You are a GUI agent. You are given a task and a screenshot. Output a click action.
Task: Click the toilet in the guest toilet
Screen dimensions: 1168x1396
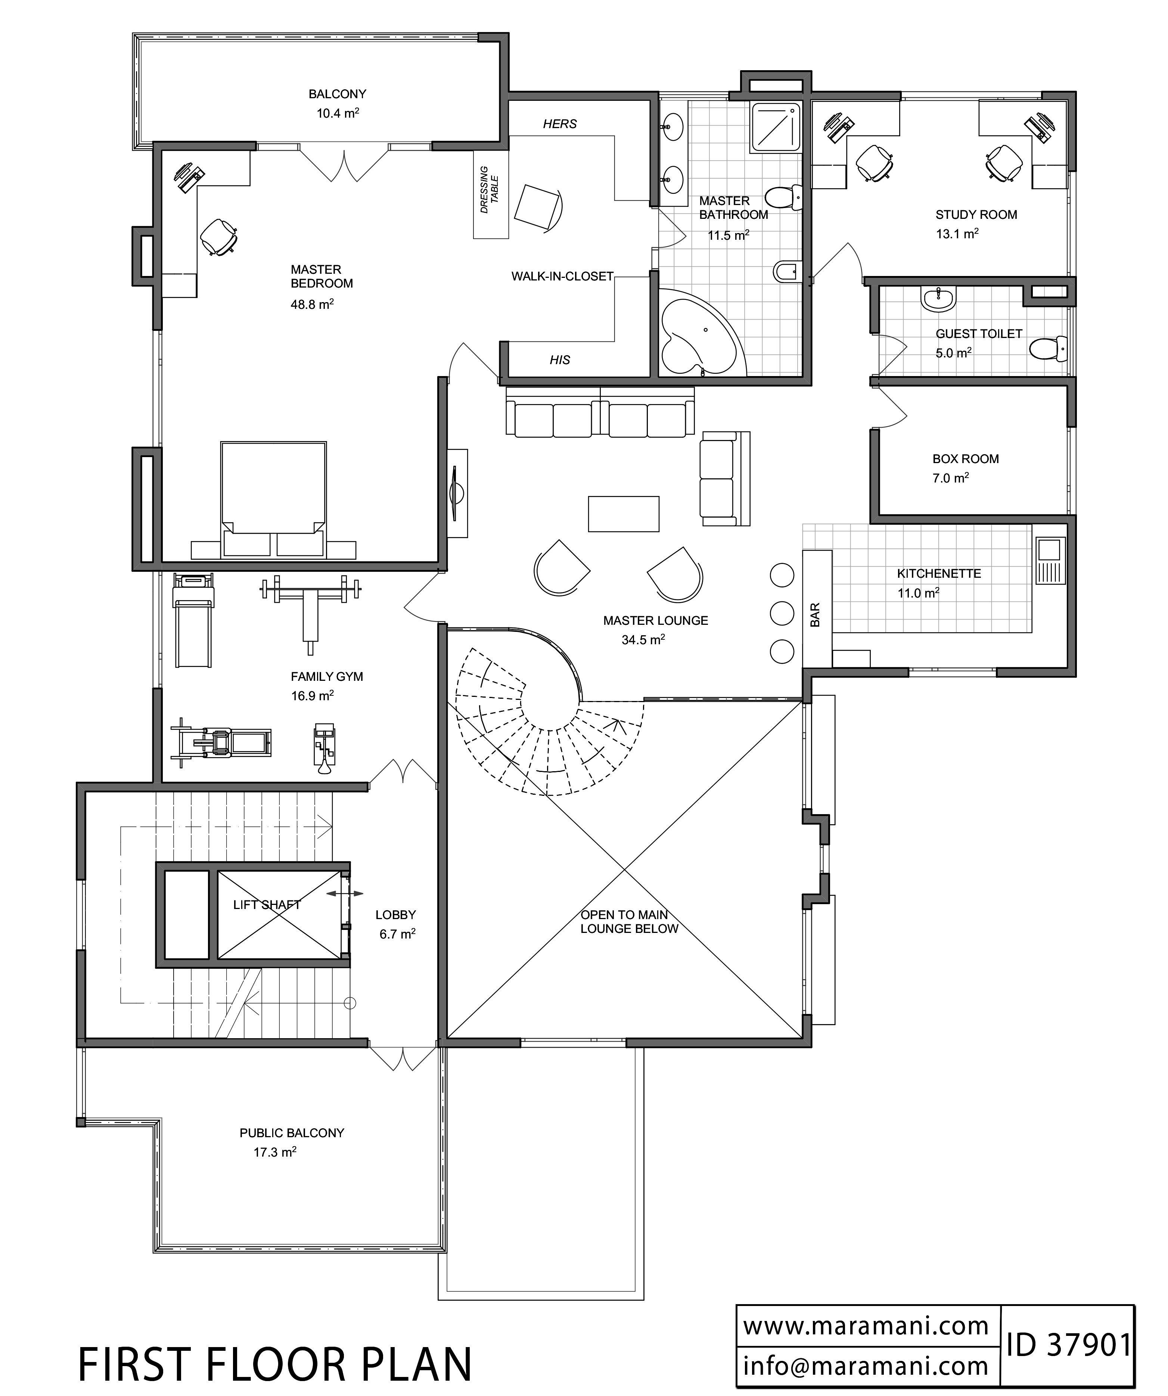1049,348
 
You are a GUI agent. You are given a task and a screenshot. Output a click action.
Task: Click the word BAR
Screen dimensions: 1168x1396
816,615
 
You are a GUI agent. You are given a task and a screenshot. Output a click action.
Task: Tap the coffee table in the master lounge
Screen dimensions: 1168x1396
624,514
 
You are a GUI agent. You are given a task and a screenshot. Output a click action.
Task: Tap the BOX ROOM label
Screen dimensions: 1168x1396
965,459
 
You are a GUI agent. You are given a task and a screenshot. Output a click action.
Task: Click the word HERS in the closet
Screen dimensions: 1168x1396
560,124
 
